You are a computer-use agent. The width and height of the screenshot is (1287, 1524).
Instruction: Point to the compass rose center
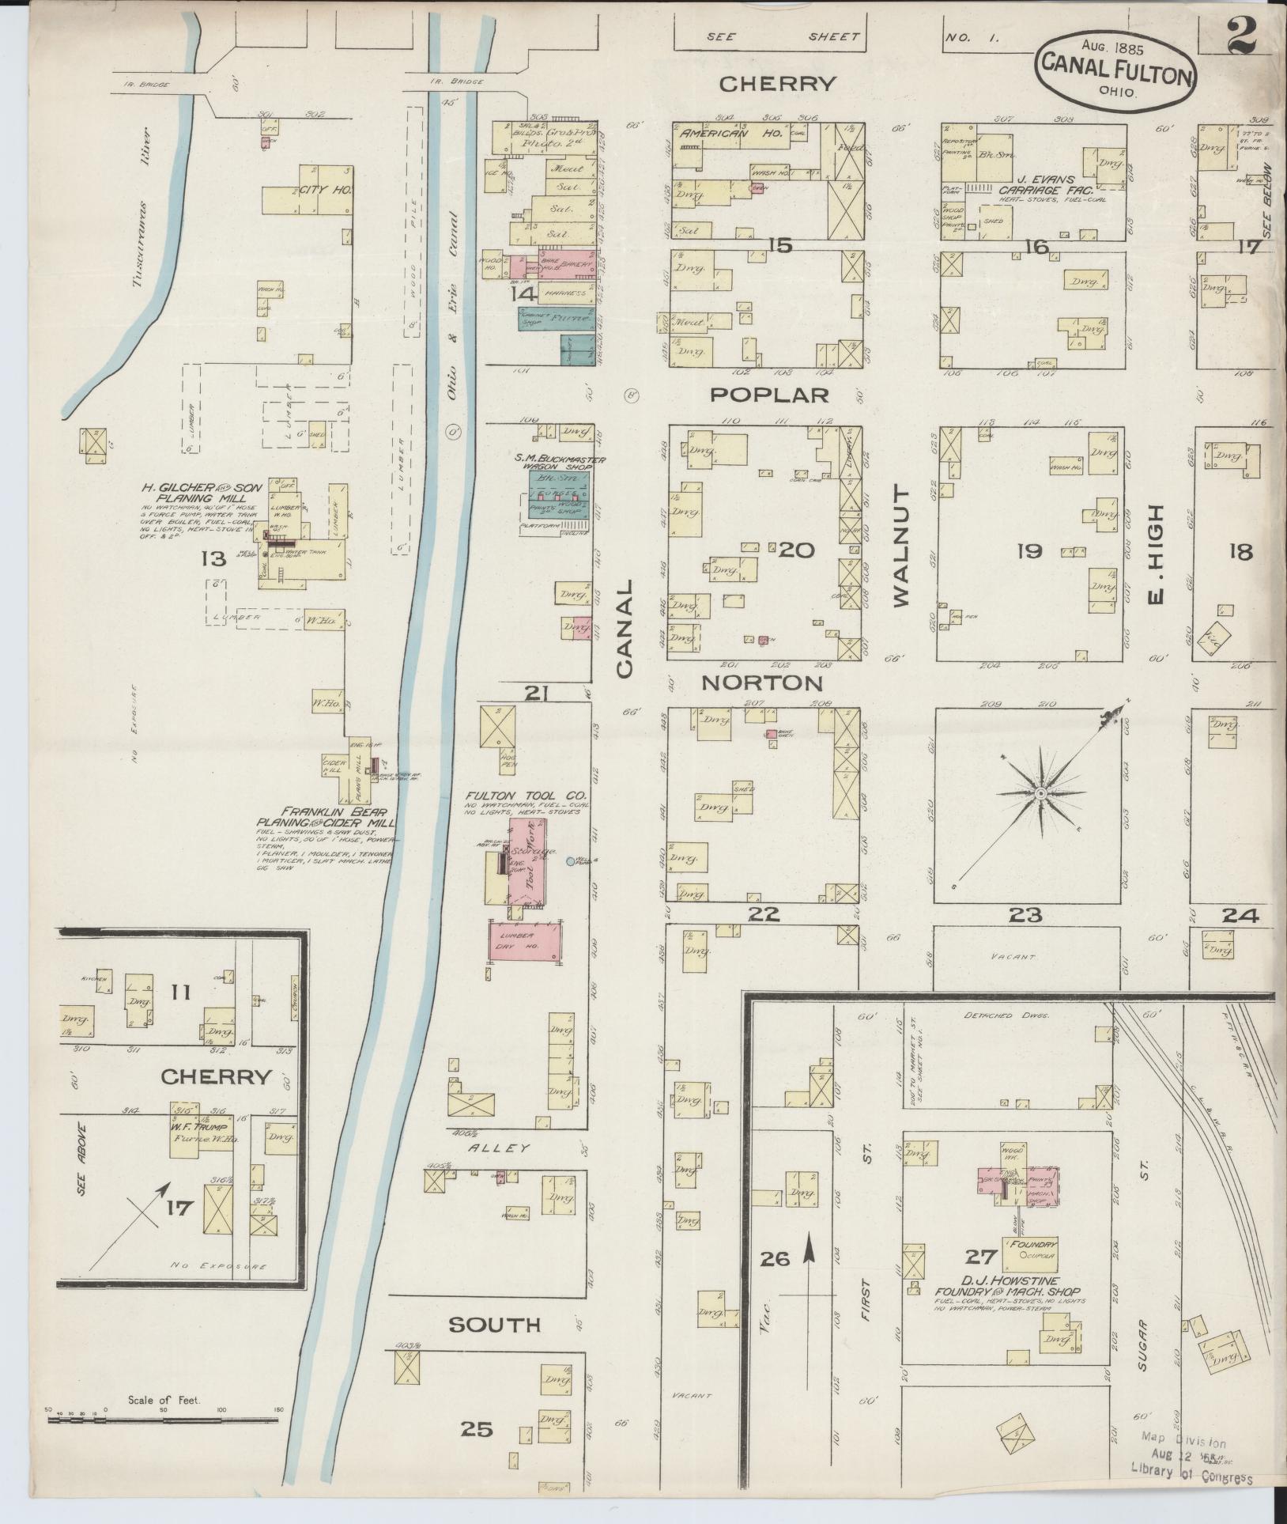coord(1041,792)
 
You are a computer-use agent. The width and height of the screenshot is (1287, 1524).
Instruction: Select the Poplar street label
coord(768,394)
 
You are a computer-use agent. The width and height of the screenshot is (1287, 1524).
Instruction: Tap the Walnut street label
coord(902,546)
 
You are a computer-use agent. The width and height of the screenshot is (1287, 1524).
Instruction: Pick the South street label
coord(495,1325)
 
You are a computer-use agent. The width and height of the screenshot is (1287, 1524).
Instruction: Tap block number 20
coord(796,550)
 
